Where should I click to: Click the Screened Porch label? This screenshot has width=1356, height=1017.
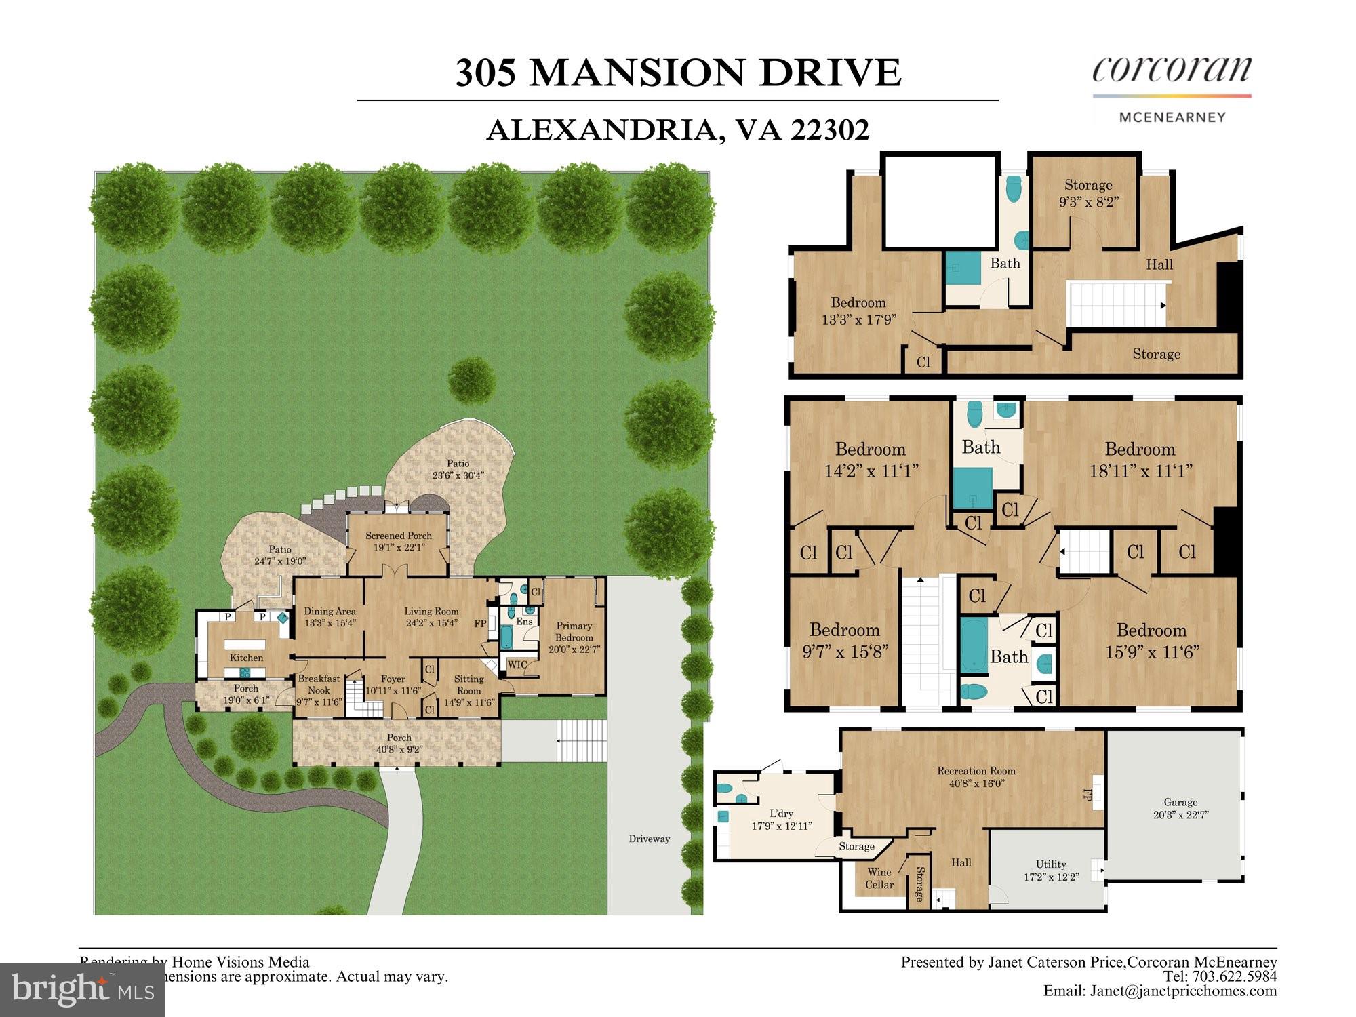(399, 541)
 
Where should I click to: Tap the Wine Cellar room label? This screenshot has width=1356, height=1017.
(879, 878)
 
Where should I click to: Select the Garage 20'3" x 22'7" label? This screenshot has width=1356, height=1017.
(1180, 808)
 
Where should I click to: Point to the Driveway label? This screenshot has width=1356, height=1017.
(649, 839)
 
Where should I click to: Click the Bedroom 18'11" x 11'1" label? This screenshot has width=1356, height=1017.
(1140, 460)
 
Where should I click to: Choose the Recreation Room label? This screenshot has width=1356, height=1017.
(976, 776)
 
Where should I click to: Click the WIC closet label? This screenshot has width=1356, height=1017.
(517, 664)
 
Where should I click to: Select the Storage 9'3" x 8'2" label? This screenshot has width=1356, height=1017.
(1088, 193)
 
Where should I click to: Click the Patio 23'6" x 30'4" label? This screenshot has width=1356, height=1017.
(458, 469)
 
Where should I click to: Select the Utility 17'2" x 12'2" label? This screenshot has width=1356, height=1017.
(1051, 870)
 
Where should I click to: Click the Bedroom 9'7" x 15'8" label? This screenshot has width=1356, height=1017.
(844, 640)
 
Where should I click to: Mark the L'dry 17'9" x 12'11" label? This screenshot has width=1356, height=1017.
(781, 819)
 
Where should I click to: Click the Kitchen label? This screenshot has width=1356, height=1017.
(246, 658)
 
